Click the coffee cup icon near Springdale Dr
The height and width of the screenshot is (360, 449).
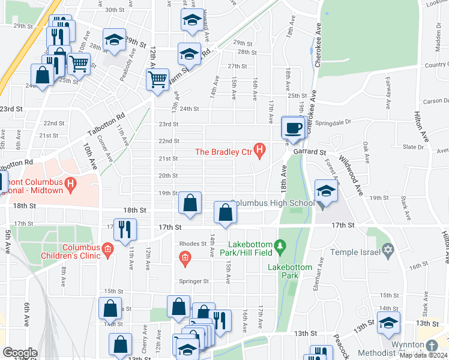pyautogui.click(x=294, y=128)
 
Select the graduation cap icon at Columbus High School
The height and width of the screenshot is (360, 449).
pyautogui.click(x=326, y=191)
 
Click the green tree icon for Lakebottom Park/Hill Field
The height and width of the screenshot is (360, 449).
pyautogui.click(x=279, y=245)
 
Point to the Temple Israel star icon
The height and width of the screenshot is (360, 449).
pyautogui.click(x=388, y=249)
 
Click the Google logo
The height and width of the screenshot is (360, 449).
pyautogui.click(x=20, y=353)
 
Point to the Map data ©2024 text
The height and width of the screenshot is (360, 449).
pyautogui.click(x=423, y=355)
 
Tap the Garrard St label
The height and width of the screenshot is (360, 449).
pyautogui.click(x=309, y=152)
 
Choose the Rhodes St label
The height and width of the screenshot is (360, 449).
pyautogui.click(x=193, y=244)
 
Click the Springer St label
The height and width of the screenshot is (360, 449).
pyautogui.click(x=193, y=281)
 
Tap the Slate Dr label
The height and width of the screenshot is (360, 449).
pyautogui.click(x=414, y=147)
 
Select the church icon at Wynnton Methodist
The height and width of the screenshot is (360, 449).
pyautogui.click(x=432, y=346)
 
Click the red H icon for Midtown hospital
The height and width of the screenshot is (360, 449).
pyautogui.click(x=71, y=184)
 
